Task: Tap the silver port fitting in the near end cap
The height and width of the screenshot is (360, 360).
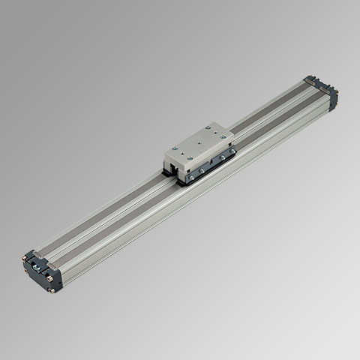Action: (x=36, y=268)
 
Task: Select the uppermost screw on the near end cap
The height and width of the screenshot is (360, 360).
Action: (x=24, y=258)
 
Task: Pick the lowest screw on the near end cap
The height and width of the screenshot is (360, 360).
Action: (x=51, y=290)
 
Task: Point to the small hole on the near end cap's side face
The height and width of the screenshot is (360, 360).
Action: (x=60, y=283)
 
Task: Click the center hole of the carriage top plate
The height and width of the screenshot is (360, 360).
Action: (x=199, y=142)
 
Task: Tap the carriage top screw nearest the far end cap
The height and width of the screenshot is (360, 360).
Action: (x=208, y=127)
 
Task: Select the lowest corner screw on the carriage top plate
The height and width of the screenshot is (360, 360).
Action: (x=190, y=158)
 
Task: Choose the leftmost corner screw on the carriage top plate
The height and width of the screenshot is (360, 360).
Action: (x=175, y=148)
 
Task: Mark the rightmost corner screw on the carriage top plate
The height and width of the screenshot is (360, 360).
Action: (x=223, y=136)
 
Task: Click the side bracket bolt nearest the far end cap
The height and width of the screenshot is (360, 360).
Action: (x=232, y=151)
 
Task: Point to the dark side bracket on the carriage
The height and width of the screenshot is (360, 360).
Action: (x=211, y=166)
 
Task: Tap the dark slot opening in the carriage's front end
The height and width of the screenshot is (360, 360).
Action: (x=172, y=167)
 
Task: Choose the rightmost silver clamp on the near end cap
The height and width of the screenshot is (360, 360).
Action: (x=52, y=266)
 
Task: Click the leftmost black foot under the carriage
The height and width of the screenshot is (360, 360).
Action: (x=166, y=173)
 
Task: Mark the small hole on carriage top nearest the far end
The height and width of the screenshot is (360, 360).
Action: (x=215, y=132)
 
